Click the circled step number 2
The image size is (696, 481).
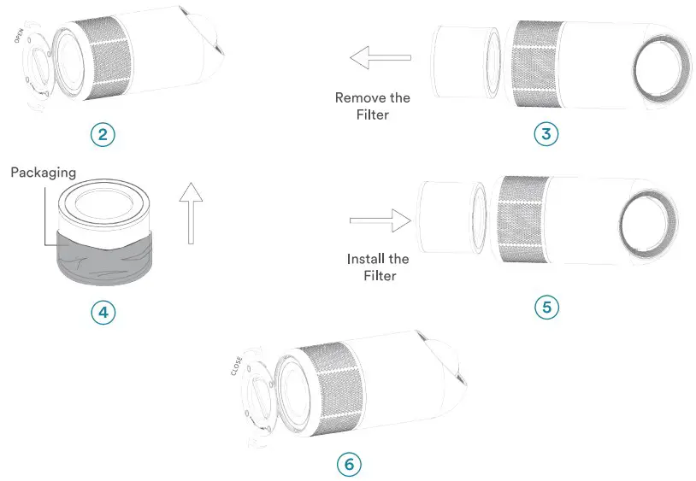102,134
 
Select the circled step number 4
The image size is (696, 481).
103,312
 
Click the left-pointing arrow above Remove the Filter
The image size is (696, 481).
380,58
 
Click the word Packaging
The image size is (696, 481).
43,173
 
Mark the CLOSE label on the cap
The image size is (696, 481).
237,366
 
